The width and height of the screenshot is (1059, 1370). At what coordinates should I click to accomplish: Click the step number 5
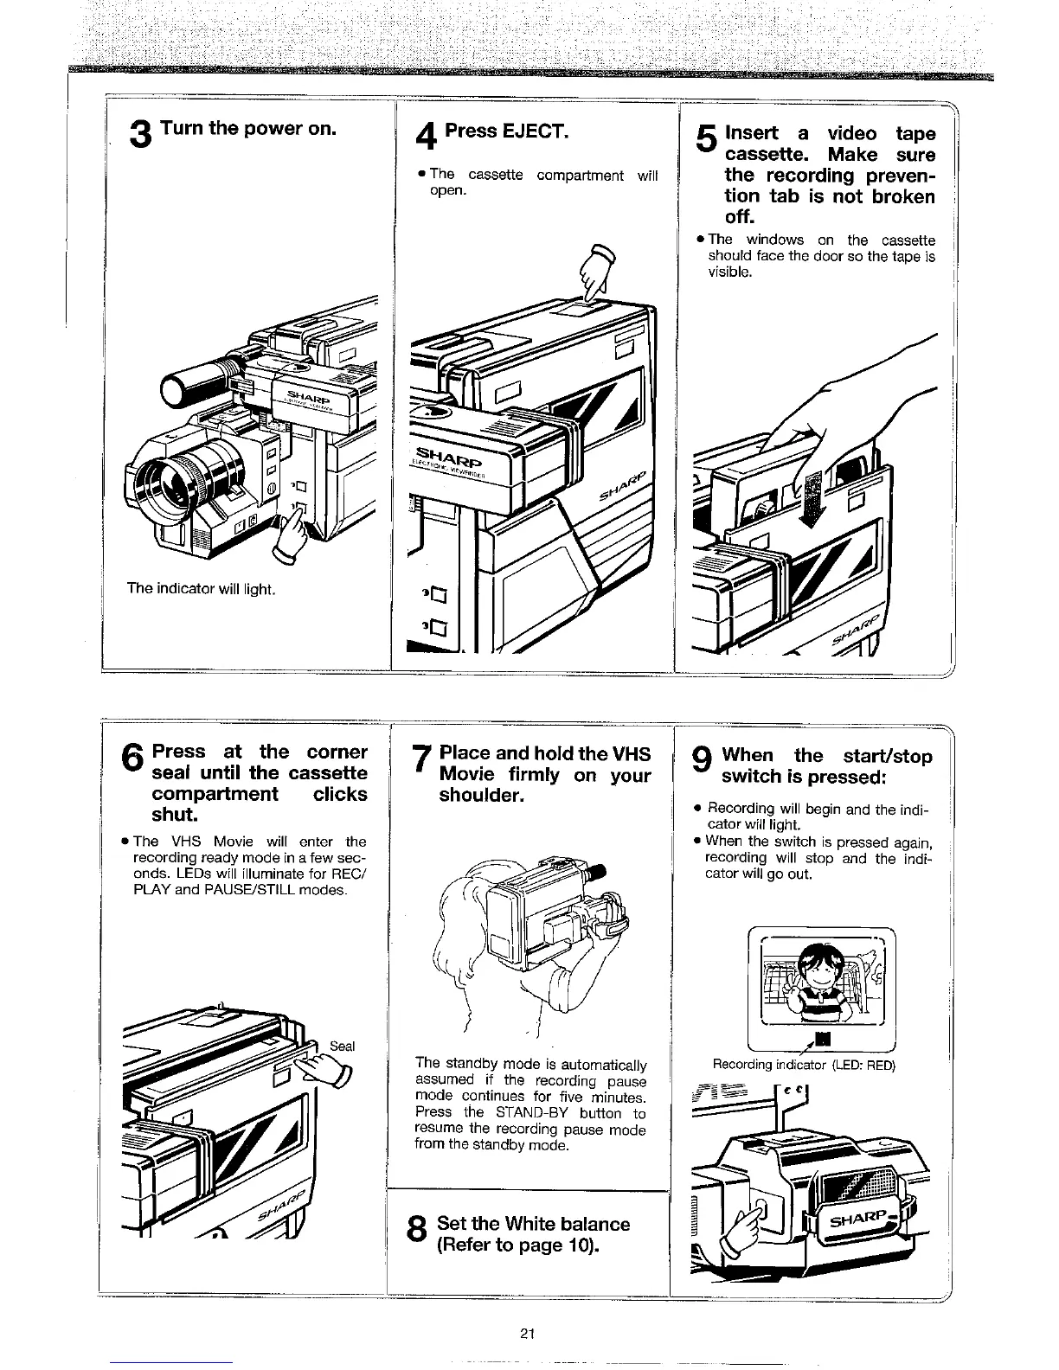tap(706, 140)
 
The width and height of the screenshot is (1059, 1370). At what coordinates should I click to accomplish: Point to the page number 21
tap(529, 1333)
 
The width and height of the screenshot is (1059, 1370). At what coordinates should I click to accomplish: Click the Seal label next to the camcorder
tap(343, 1047)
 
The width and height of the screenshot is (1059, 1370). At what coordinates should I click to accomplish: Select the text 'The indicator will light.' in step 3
tap(201, 589)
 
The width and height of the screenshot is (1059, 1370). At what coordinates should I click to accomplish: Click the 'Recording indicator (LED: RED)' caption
tap(804, 1065)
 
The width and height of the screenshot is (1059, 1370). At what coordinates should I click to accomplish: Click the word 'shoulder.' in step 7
tap(481, 796)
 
